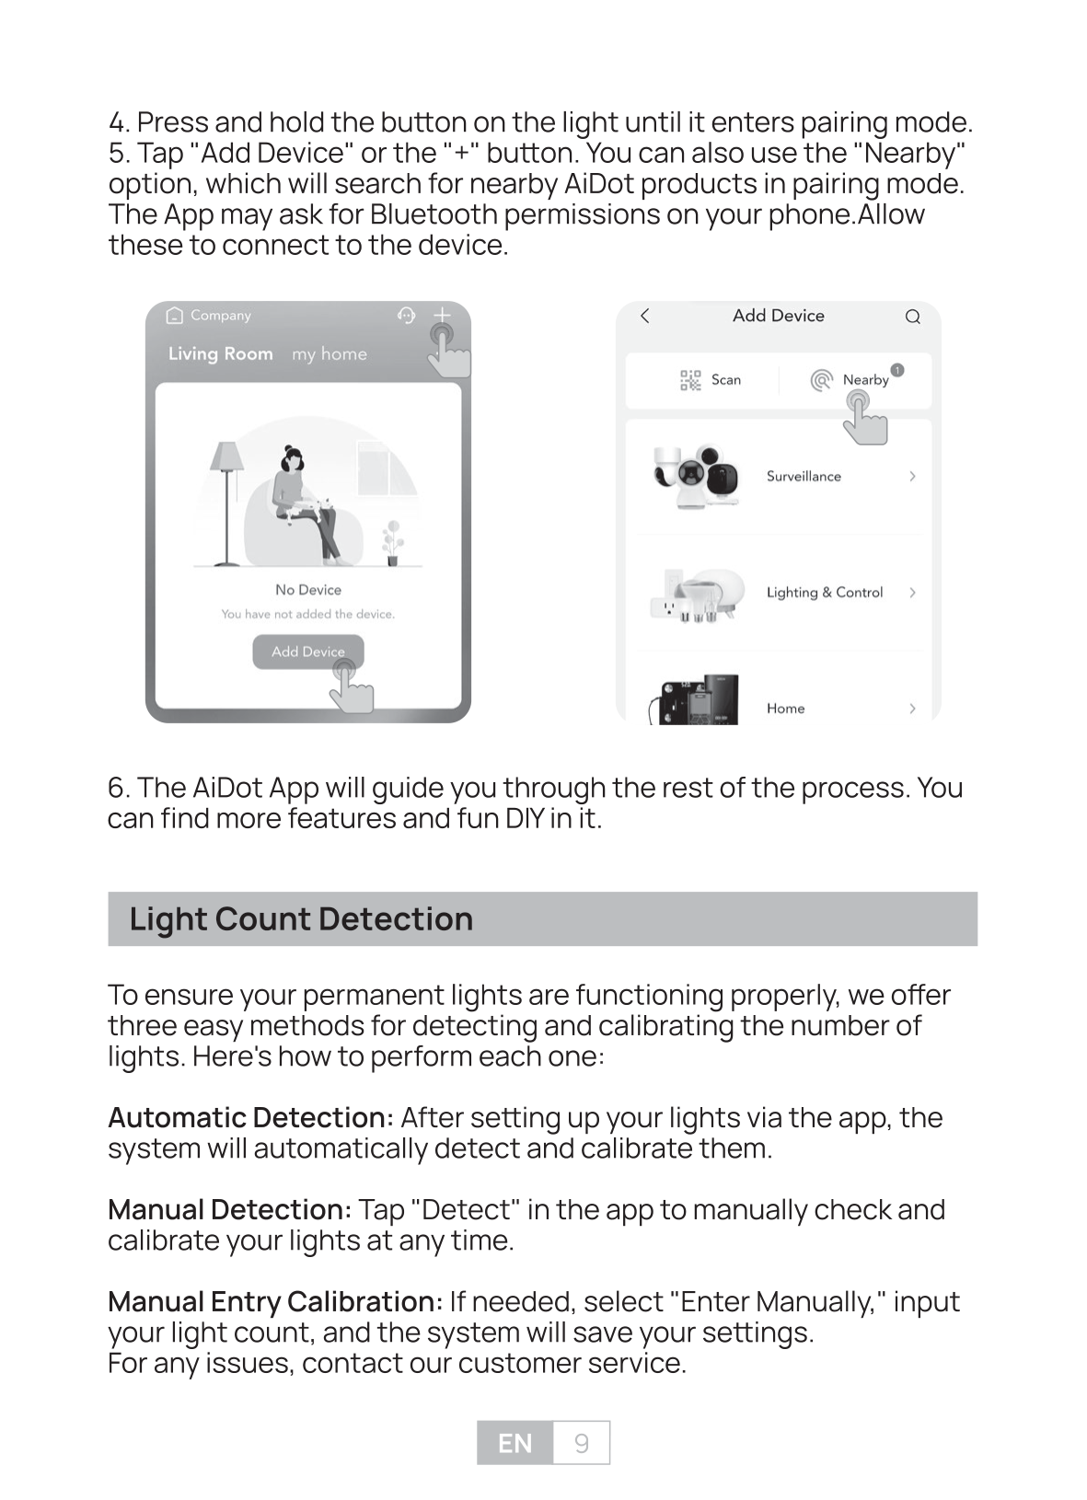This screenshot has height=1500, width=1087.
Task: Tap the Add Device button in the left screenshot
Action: (x=307, y=652)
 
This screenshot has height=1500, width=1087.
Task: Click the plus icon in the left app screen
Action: (x=442, y=316)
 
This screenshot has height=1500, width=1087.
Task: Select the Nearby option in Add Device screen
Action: (x=864, y=380)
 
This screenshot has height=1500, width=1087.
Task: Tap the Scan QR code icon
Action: (x=690, y=380)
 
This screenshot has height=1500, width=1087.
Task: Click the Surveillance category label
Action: (x=804, y=477)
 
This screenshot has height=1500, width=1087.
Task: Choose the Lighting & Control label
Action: (x=824, y=593)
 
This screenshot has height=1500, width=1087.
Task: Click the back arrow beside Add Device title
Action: (x=645, y=317)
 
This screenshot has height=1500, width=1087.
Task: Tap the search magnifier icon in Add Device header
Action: (x=912, y=317)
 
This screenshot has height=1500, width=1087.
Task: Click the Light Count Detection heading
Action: (x=301, y=918)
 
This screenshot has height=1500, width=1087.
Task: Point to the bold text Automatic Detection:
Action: (x=251, y=1118)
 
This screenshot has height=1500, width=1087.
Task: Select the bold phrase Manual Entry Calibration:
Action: (x=275, y=1302)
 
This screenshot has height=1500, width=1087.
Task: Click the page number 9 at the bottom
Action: (x=581, y=1443)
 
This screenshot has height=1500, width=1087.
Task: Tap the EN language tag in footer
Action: (x=515, y=1443)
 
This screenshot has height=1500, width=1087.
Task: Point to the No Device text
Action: (x=307, y=590)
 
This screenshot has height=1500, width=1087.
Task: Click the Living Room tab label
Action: (x=221, y=354)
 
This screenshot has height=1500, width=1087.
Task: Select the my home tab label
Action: (x=329, y=354)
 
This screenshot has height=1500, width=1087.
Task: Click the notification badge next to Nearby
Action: (x=897, y=370)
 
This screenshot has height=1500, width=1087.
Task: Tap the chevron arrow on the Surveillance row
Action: (x=912, y=477)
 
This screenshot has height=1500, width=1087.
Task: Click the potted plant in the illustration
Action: (x=393, y=542)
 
